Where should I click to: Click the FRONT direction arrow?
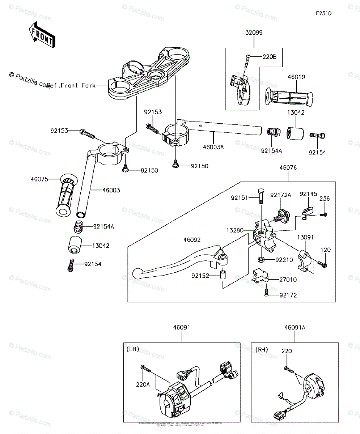(x=41, y=35)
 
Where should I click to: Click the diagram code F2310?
(x=323, y=14)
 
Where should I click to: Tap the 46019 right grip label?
(x=296, y=77)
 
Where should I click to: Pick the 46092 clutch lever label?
(x=192, y=239)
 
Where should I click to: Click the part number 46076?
(x=288, y=167)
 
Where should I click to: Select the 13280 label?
(x=235, y=230)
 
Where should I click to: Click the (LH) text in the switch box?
(x=133, y=349)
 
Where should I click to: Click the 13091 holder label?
(x=305, y=237)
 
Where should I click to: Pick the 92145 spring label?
(x=308, y=194)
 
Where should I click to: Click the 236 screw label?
(x=325, y=199)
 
